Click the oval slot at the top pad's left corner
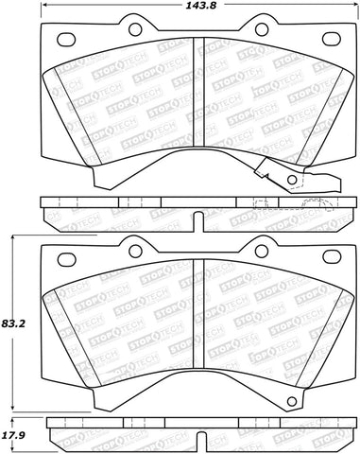point(66,41)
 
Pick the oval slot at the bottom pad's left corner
point(66,257)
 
